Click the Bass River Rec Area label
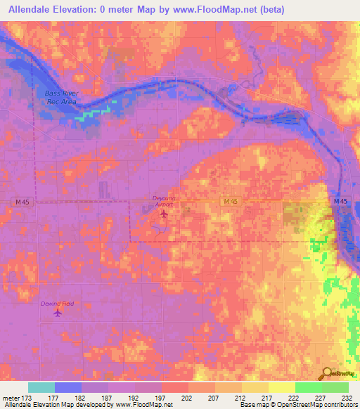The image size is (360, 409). coord(60,97)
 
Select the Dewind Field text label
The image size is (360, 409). coord(58,303)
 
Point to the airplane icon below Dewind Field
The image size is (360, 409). coord(58,313)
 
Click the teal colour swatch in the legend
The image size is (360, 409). coord(41,387)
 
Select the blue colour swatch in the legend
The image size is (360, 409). coord(68,387)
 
